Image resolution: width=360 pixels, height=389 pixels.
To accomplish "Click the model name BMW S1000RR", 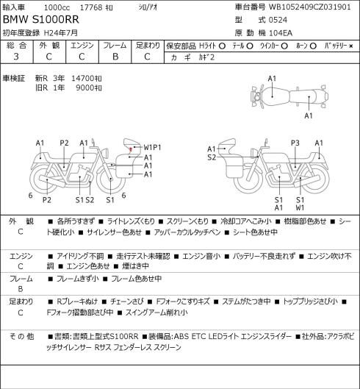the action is point(41,20).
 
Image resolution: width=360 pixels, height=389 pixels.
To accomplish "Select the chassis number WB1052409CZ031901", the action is point(310,7).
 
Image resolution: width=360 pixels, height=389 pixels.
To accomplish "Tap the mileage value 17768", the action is point(91,7).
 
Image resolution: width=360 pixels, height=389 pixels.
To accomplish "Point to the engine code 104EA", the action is point(281,33).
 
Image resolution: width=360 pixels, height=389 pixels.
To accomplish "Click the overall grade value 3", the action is point(16,57).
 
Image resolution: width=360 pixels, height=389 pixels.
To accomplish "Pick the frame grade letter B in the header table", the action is point(115,57).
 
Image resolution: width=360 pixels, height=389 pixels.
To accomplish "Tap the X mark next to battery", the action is point(351,46).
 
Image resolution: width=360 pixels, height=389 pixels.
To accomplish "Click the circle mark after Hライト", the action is point(222,46).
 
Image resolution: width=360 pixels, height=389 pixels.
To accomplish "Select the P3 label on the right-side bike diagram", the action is point(295,143).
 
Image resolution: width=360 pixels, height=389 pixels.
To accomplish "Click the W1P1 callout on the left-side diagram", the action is point(153,147).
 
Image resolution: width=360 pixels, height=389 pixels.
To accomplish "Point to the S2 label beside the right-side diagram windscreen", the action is point(212,157).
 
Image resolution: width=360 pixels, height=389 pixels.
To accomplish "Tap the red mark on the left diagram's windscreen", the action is point(131,149).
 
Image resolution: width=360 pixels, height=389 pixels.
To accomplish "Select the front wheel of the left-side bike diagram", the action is point(111,179).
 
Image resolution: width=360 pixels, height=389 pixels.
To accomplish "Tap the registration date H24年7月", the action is point(61,33).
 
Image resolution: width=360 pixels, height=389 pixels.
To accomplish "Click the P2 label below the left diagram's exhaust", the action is point(46,200).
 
